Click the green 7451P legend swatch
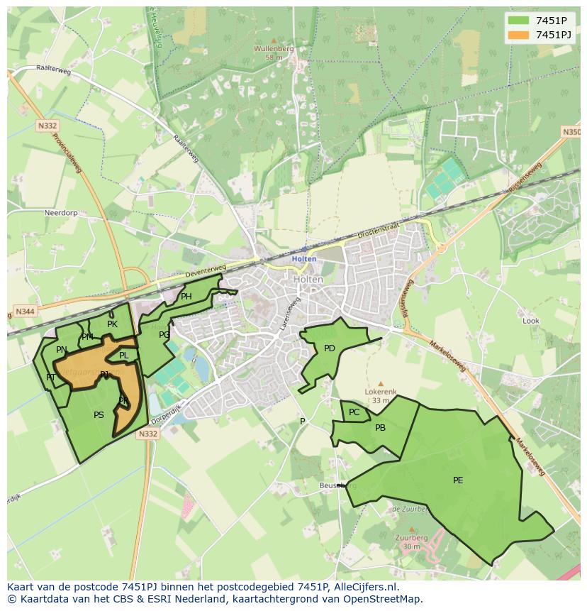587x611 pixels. pos(519,21)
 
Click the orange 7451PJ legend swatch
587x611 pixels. pos(519,35)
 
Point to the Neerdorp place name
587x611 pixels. pos(40,212)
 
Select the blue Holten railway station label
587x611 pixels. pos(304,259)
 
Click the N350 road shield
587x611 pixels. pos(571,132)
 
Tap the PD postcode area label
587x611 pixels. pos(329,348)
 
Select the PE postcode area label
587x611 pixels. pos(458,480)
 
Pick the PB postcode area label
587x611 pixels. pos(380,428)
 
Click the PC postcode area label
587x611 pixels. pos(354,412)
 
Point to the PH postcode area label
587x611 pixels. pos(186,297)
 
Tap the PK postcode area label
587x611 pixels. pos(112,324)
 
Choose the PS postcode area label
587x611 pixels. pos(99,415)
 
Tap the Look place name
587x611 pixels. pos(530,321)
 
